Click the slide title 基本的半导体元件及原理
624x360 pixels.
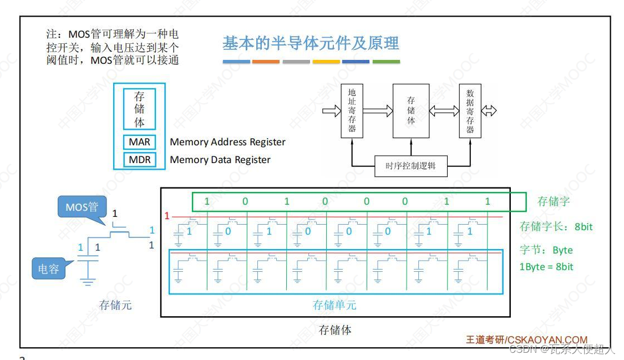tap(311, 43)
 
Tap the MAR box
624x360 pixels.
tap(139, 142)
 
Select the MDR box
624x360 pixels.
tap(139, 160)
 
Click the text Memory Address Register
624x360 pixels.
tap(227, 142)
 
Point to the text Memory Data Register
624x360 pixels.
tap(220, 160)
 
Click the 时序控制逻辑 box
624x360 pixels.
tap(410, 166)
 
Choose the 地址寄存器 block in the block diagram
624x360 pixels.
tap(352, 111)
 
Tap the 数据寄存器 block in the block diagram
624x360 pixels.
tap(470, 111)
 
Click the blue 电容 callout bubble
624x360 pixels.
tap(48, 269)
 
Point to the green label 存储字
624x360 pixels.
tap(553, 201)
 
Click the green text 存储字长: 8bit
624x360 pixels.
tap(556, 226)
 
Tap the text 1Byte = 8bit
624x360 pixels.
tap(546, 267)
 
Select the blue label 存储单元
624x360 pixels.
tap(334, 305)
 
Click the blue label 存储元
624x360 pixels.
tap(115, 305)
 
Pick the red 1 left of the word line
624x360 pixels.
tap(166, 216)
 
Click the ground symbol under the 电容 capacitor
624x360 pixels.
tap(87, 282)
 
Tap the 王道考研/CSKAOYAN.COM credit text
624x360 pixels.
tap(526, 339)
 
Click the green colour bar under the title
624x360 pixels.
tap(386, 62)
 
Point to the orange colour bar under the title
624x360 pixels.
tap(266, 62)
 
